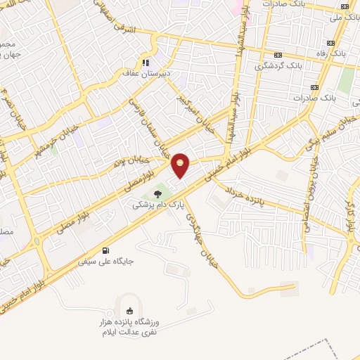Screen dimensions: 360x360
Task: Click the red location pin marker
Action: click(181, 165)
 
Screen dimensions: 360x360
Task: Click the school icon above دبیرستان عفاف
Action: click(146, 61)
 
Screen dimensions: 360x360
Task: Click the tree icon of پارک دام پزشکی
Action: click(157, 192)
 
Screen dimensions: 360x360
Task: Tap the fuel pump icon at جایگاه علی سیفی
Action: click(105, 250)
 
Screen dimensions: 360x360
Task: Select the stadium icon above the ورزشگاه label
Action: click(129, 310)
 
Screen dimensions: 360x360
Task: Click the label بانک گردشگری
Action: click(276, 65)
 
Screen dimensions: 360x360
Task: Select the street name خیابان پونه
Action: click(120, 163)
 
